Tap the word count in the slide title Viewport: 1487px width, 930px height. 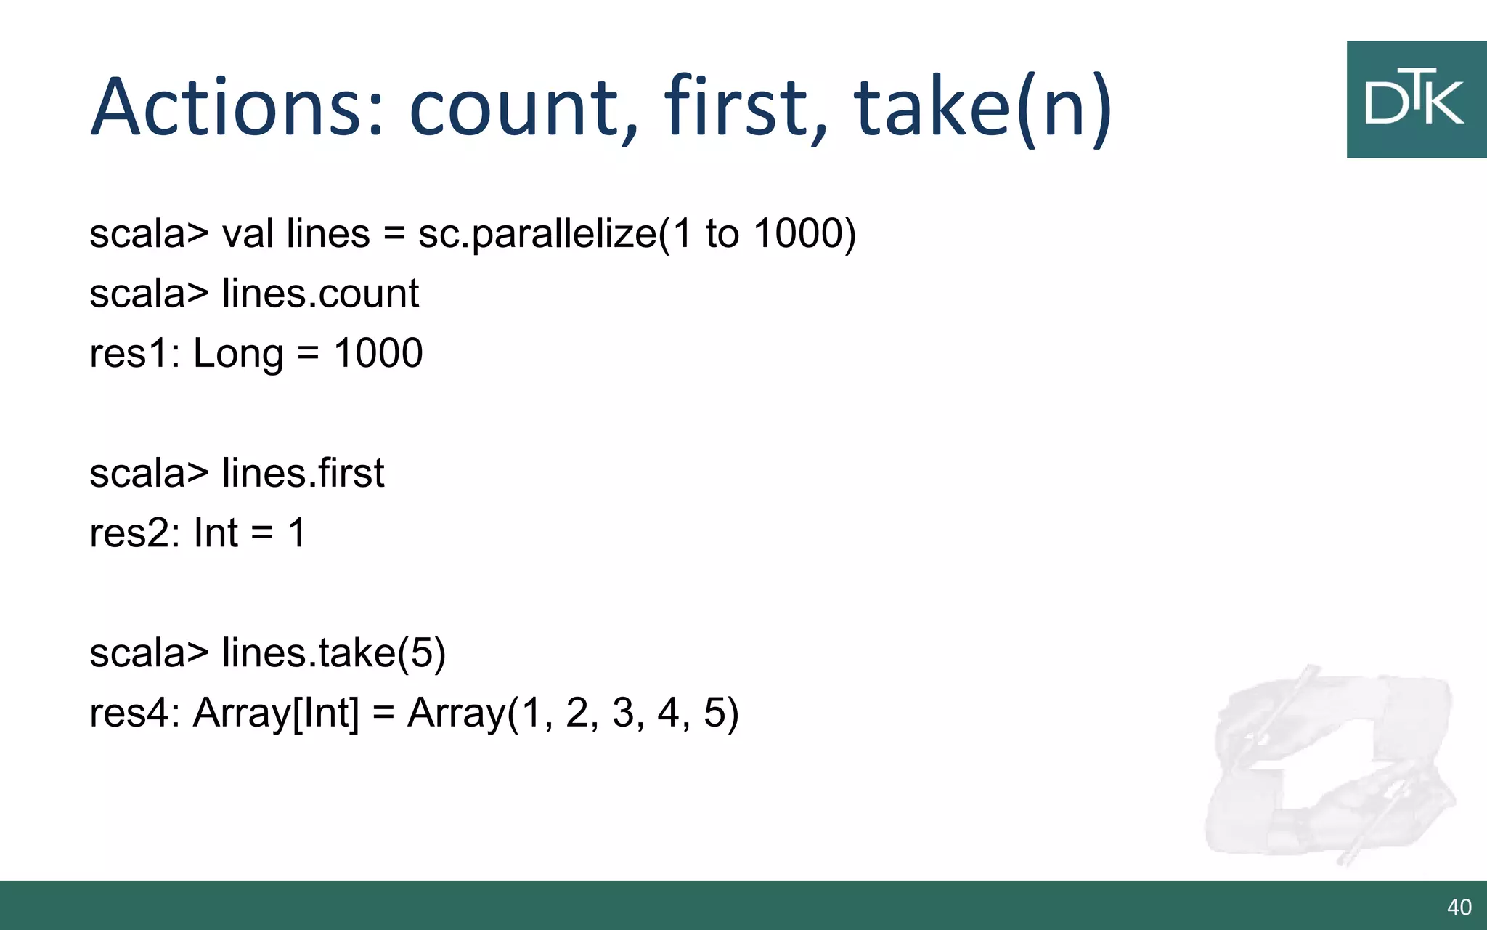[x=523, y=108]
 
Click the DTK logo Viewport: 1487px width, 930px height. [x=1416, y=100]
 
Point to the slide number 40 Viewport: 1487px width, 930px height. [x=1459, y=907]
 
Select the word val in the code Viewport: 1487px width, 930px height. [x=248, y=234]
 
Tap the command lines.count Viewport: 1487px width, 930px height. [x=320, y=294]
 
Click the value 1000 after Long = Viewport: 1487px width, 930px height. [x=378, y=354]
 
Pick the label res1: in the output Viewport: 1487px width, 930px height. [x=134, y=354]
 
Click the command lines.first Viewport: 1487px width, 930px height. [x=303, y=474]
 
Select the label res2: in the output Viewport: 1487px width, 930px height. [x=134, y=533]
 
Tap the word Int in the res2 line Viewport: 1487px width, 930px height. [x=216, y=533]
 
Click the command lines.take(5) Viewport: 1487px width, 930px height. [x=333, y=652]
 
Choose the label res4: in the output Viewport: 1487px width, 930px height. [x=134, y=713]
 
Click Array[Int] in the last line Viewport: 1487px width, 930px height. [x=276, y=713]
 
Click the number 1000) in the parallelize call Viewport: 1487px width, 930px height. [x=804, y=234]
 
